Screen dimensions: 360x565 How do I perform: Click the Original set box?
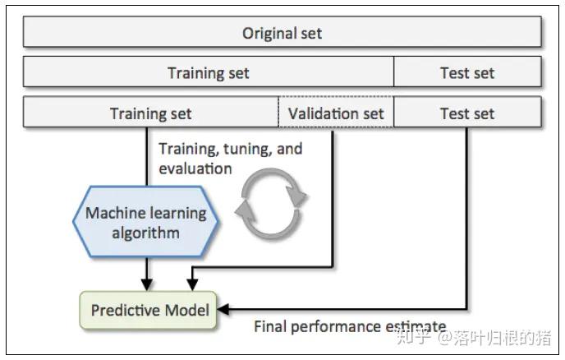pyautogui.click(x=282, y=34)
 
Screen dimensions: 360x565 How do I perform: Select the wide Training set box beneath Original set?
pyautogui.click(x=209, y=72)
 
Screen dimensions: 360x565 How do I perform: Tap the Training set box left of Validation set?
pyautogui.click(x=151, y=113)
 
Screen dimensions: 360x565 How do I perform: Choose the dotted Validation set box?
pyautogui.click(x=337, y=113)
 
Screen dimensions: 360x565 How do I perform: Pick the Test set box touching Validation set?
pyautogui.click(x=467, y=113)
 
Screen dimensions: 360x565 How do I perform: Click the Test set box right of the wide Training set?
pyautogui.click(x=467, y=72)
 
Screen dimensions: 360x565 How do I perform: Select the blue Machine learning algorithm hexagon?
pyautogui.click(x=145, y=222)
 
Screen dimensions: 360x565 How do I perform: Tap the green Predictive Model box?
pyautogui.click(x=149, y=311)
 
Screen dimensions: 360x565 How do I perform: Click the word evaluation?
pyautogui.click(x=195, y=168)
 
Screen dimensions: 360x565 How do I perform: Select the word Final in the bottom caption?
pyautogui.click(x=271, y=326)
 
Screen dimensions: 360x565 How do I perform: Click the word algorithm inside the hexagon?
pyautogui.click(x=145, y=233)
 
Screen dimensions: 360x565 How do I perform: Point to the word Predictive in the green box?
pyautogui.click(x=123, y=311)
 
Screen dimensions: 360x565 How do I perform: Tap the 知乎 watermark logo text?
pyautogui.click(x=414, y=337)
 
